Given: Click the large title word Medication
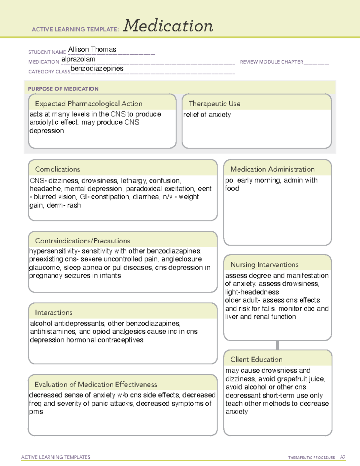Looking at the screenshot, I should pyautogui.click(x=168, y=26).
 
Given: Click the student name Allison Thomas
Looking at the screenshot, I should pyautogui.click(x=92, y=50).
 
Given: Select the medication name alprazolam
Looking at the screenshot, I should pyautogui.click(x=78, y=59).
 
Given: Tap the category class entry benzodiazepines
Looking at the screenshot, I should pyautogui.click(x=97, y=69).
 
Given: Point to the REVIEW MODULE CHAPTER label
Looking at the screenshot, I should pyautogui.click(x=271, y=62).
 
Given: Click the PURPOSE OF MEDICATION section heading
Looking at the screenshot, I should pyautogui.click(x=63, y=89).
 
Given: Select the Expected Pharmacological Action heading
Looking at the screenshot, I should pyautogui.click(x=88, y=104).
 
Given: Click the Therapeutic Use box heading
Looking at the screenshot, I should pyautogui.click(x=214, y=104).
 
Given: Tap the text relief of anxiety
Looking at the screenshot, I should pyautogui.click(x=207, y=115).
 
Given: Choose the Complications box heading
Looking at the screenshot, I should pyautogui.click(x=58, y=169).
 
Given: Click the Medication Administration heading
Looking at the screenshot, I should pyautogui.click(x=272, y=169).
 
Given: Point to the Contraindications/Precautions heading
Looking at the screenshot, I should pyautogui.click(x=82, y=241).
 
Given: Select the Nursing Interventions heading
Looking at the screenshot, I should pyautogui.click(x=264, y=265).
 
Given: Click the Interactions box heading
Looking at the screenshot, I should pyautogui.click(x=54, y=313).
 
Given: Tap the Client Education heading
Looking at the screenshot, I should pyautogui.click(x=256, y=359).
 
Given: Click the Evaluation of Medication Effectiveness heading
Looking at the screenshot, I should pyautogui.click(x=96, y=384).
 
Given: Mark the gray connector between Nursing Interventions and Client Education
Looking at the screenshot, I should pyautogui.click(x=277, y=345).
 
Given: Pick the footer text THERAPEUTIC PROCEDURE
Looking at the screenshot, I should pyautogui.click(x=312, y=458).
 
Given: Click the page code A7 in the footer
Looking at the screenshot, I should pyautogui.click(x=343, y=457).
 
